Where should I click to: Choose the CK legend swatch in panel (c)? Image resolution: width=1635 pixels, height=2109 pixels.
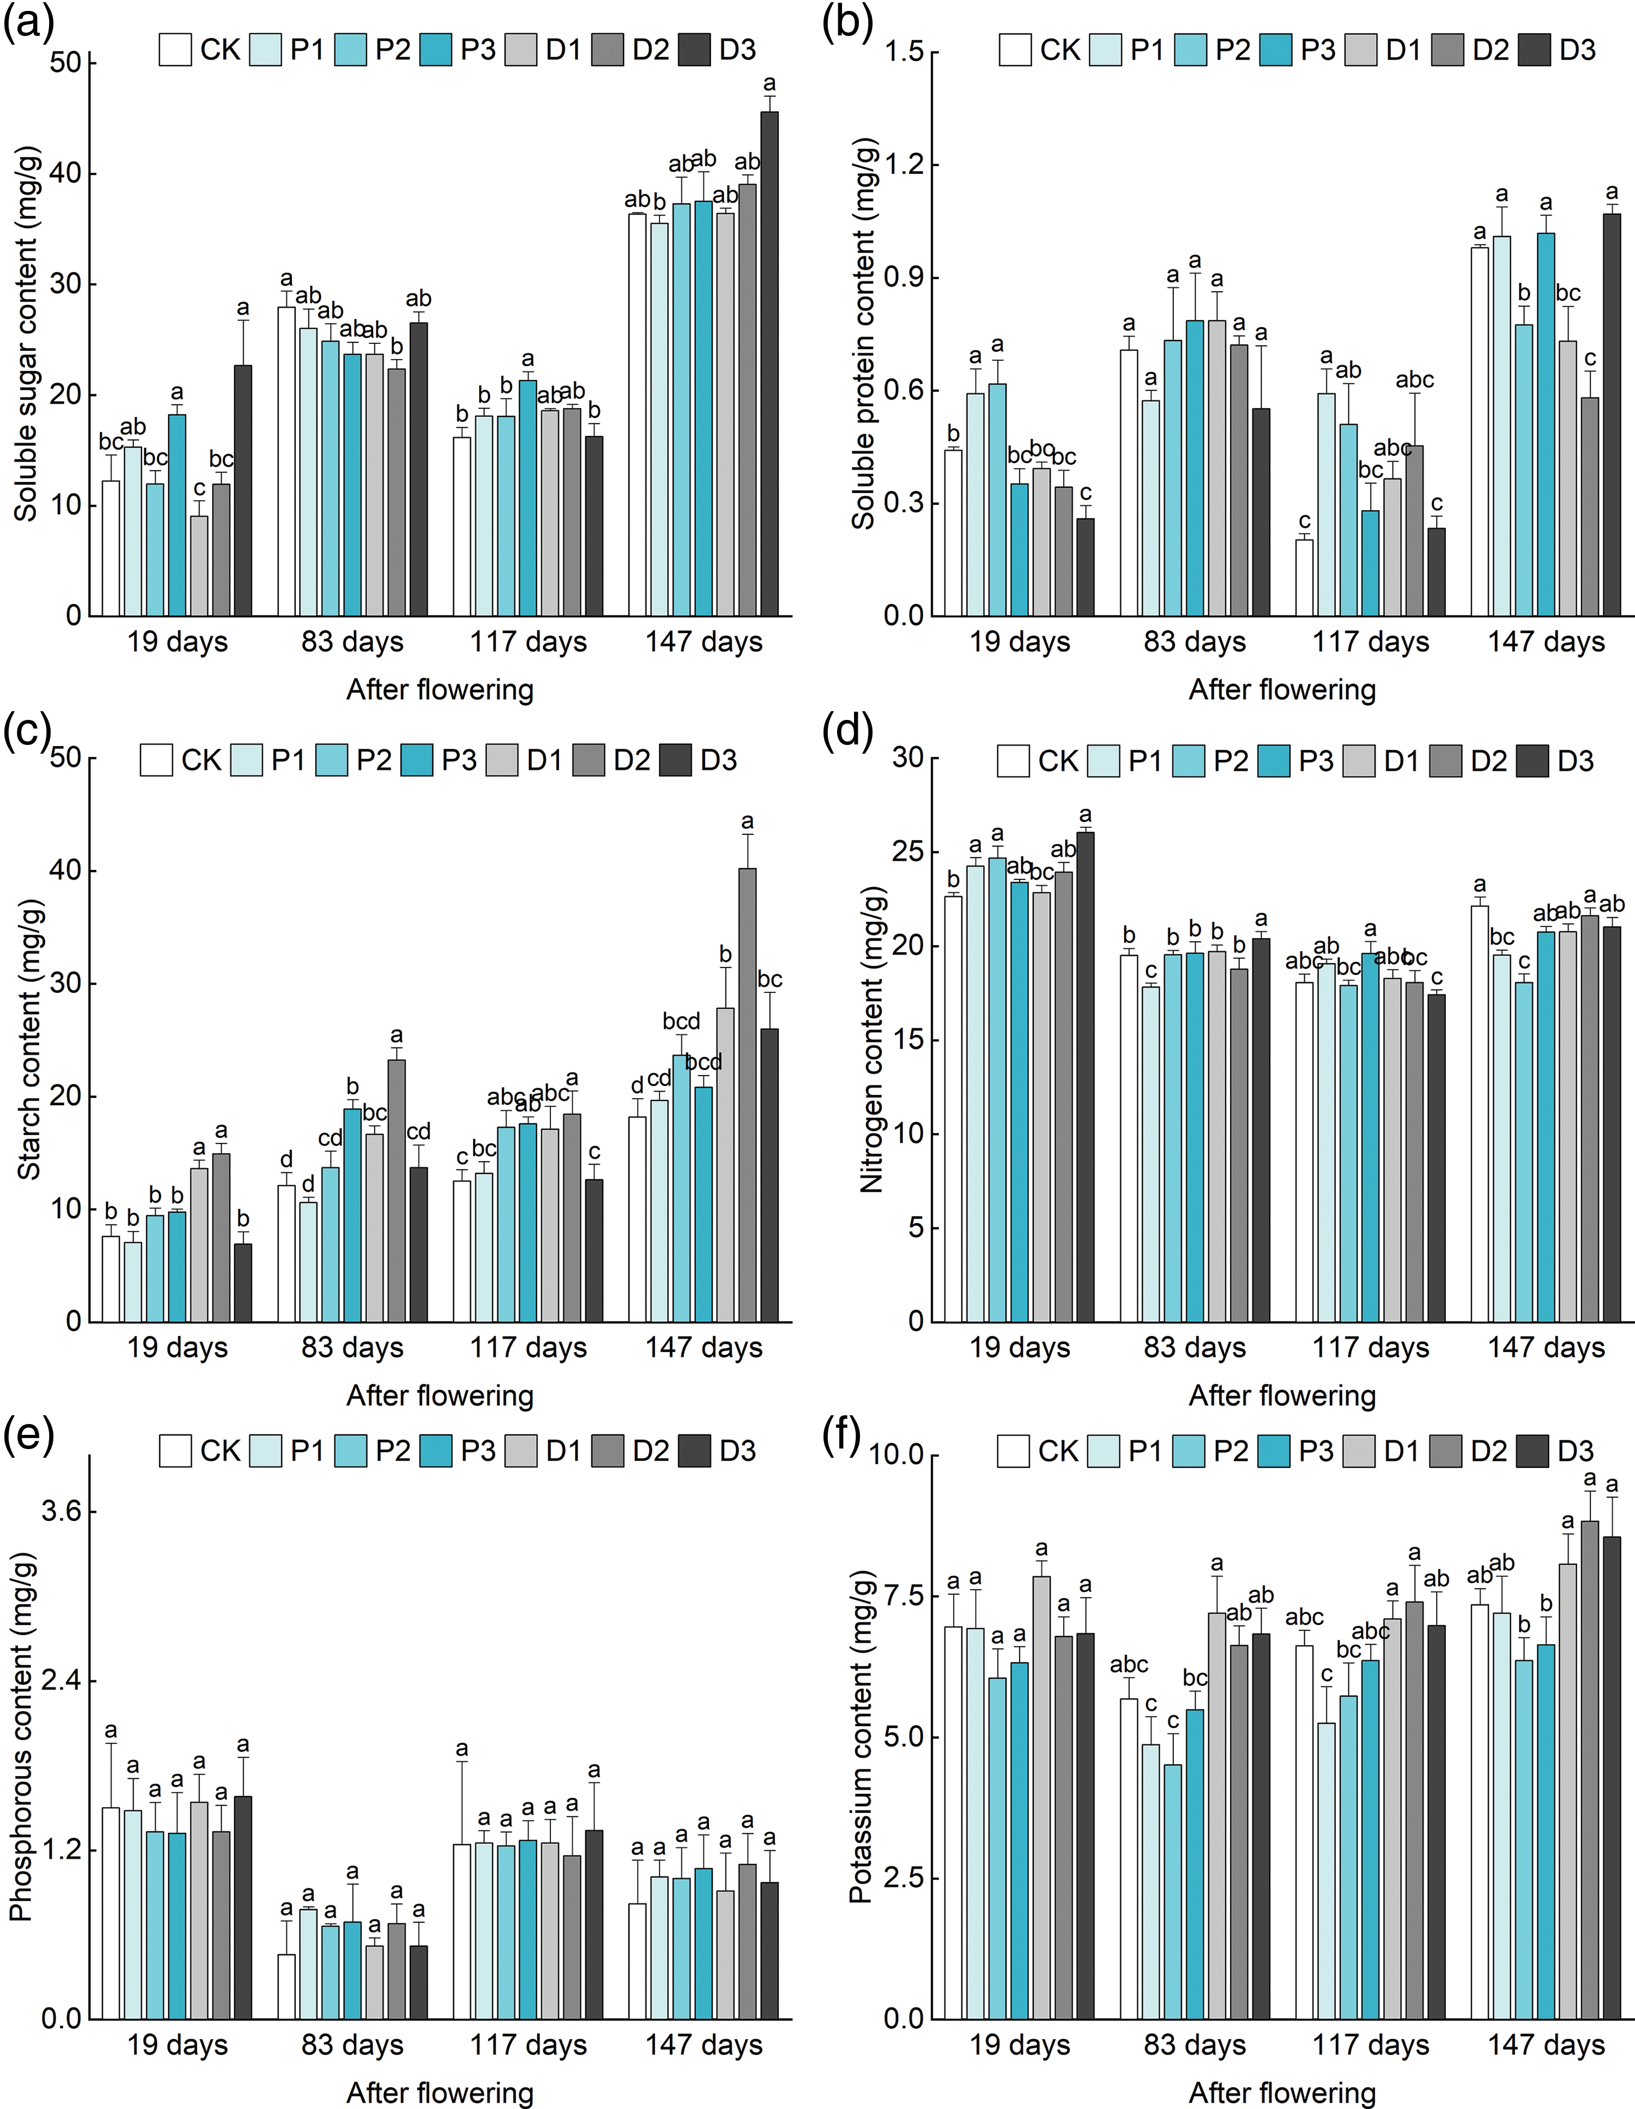(156, 760)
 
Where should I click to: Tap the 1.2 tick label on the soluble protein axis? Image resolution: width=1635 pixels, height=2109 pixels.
(903, 165)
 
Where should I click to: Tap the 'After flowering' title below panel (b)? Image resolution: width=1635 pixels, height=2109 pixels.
(1281, 689)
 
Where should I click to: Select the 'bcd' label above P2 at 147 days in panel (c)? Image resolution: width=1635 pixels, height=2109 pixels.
(681, 1022)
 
